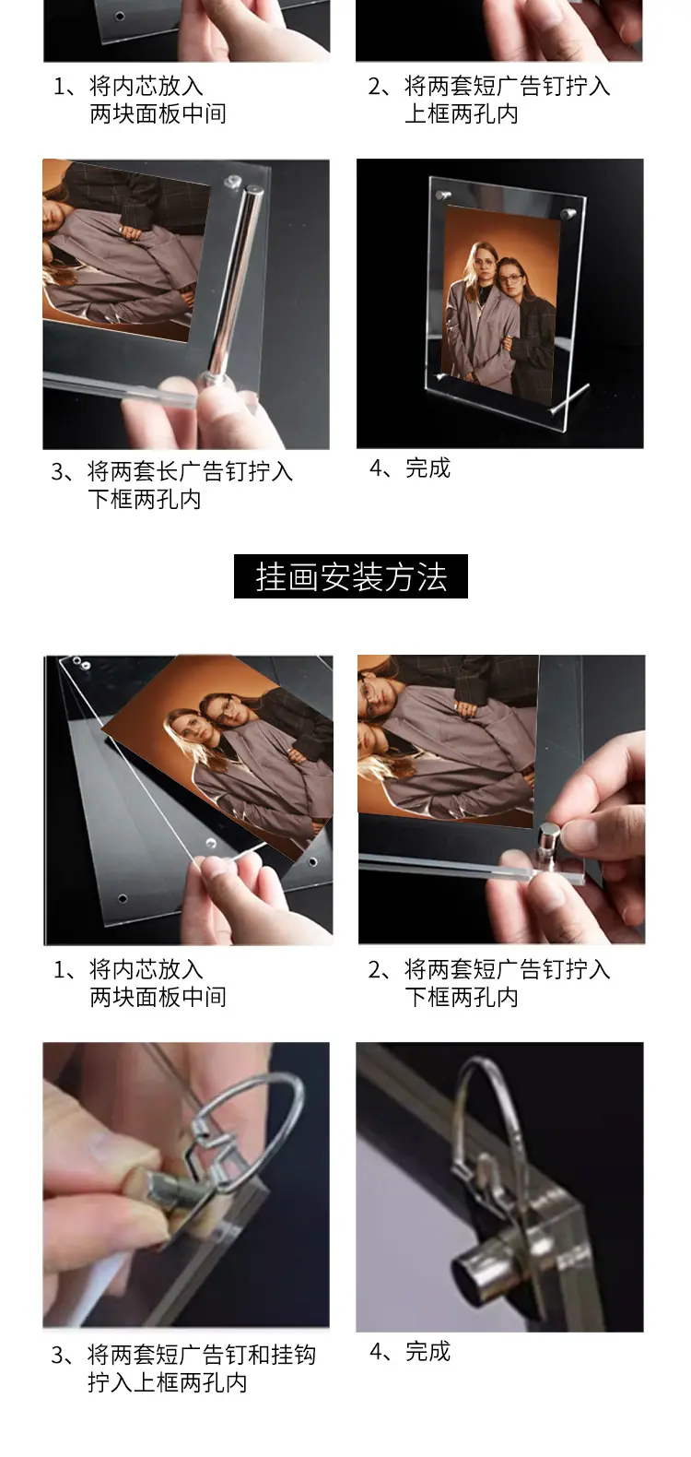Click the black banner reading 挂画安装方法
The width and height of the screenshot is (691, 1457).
click(350, 576)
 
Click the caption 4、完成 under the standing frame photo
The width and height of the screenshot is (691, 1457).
click(409, 468)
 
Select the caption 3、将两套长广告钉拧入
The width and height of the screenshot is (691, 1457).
click(171, 471)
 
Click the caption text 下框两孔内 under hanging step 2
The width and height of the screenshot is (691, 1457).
click(462, 997)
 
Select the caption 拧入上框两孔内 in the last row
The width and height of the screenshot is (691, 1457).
click(167, 1382)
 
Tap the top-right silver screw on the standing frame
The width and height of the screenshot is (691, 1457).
click(568, 213)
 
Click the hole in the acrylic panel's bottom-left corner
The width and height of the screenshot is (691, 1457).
click(123, 898)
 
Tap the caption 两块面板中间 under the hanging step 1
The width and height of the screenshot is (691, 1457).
click(158, 997)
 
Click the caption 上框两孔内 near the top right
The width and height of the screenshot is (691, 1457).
click(462, 113)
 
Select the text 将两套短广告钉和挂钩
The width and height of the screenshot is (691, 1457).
click(202, 1355)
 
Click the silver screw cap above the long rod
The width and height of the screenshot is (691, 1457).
click(232, 182)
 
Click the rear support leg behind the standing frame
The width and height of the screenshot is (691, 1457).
click(569, 397)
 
